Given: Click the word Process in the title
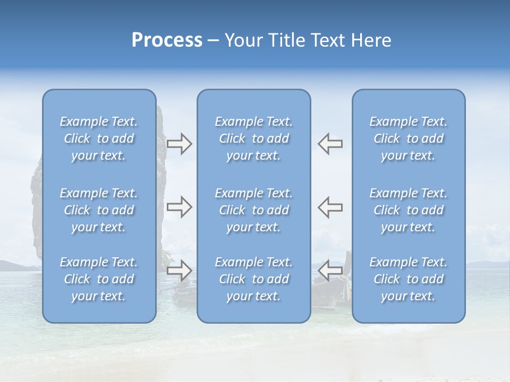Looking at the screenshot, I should (x=167, y=40).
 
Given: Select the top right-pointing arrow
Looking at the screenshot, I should (x=179, y=144).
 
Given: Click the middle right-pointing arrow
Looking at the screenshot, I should (x=179, y=207).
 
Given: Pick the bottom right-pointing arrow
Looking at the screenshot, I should (x=179, y=271).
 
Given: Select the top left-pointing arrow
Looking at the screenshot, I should (x=330, y=144).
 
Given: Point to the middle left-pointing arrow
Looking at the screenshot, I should (x=330, y=207).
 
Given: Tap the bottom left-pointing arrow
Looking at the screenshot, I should (x=330, y=271).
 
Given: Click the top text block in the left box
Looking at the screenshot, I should (x=99, y=138).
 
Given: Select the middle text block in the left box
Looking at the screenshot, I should (x=99, y=210).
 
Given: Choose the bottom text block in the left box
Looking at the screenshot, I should (x=99, y=279).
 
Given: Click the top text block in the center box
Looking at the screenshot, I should (x=254, y=138).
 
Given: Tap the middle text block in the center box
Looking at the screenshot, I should (x=254, y=210).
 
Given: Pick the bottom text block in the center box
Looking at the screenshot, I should (x=254, y=279).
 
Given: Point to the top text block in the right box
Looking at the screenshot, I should (x=409, y=138).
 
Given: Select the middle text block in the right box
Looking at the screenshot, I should (x=409, y=210).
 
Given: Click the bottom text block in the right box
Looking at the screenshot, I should (x=409, y=279).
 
